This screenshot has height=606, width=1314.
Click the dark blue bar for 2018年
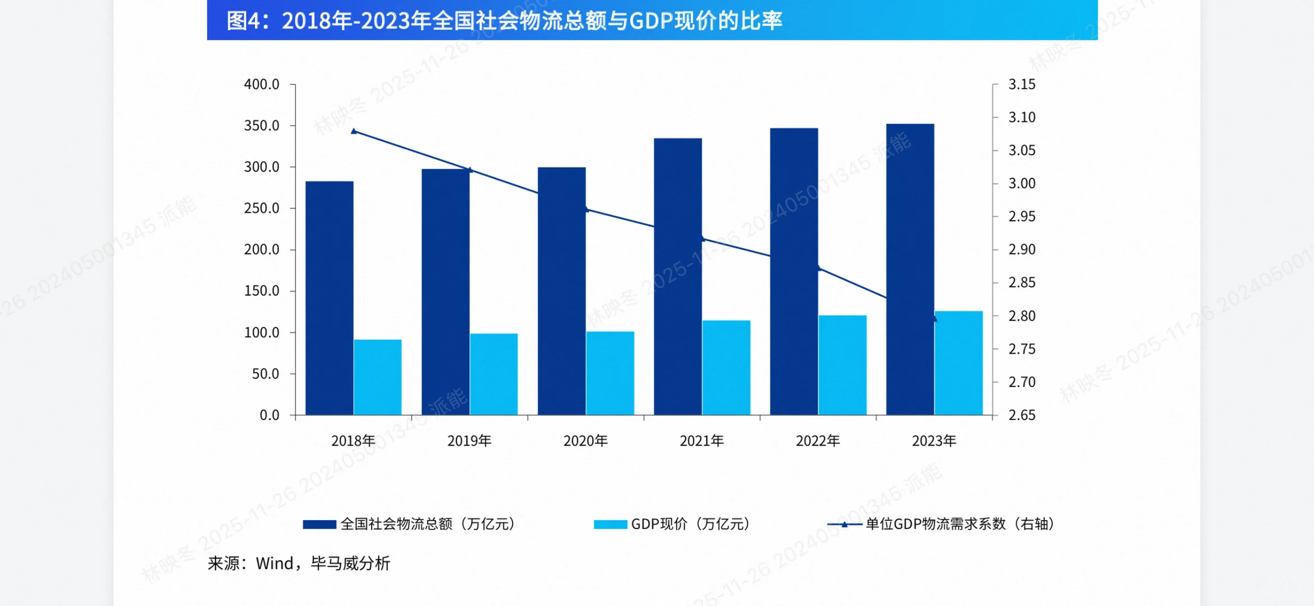click(329, 298)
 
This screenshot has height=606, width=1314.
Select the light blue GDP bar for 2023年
click(959, 363)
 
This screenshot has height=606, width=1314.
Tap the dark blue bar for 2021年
click(678, 277)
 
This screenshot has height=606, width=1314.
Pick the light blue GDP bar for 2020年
click(610, 373)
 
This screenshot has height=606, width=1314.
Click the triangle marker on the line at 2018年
click(354, 131)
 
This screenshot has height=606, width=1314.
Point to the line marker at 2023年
click(934, 318)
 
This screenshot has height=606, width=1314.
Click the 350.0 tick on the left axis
click(262, 126)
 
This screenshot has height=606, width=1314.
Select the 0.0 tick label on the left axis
click(269, 415)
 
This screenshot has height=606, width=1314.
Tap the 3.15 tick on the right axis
click(1022, 84)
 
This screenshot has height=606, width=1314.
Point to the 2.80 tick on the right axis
click(1022, 316)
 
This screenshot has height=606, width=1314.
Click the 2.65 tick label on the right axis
click(1022, 415)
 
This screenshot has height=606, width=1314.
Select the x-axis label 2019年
click(469, 441)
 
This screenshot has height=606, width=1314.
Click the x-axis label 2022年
click(818, 441)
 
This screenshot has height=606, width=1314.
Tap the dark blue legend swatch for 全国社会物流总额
click(319, 524)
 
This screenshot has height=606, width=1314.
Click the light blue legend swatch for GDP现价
click(610, 524)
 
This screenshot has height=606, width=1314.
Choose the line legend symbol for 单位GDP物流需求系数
click(844, 524)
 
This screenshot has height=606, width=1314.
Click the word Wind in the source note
click(274, 563)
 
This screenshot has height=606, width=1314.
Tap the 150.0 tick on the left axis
click(262, 291)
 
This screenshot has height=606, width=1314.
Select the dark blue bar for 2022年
click(794, 272)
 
